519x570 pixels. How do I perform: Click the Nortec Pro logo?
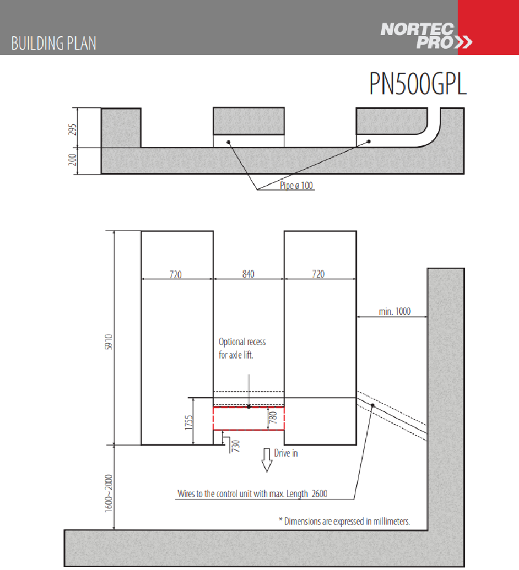point(426,36)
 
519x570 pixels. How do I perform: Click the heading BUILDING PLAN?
point(54,44)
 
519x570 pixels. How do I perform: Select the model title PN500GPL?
point(418,84)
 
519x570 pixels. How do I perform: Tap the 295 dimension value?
point(72,129)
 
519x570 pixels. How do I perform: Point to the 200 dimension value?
point(72,159)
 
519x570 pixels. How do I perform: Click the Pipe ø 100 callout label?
point(296,185)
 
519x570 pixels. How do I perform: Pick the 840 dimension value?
point(248,274)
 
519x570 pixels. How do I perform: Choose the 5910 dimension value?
point(108,342)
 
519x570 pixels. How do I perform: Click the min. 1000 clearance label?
point(395,311)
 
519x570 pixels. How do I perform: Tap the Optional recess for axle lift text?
point(242,348)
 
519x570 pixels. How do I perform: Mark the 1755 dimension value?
point(188,422)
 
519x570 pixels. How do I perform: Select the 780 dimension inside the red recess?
point(273,417)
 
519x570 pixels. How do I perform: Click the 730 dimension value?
point(235,446)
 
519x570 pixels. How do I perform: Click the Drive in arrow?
point(267,460)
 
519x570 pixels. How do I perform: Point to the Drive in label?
point(286,454)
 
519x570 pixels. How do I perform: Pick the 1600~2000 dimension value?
point(108,493)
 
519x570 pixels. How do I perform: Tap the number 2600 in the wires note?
point(319,493)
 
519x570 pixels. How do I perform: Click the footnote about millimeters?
point(344,522)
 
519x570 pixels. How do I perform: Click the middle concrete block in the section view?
point(249,121)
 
